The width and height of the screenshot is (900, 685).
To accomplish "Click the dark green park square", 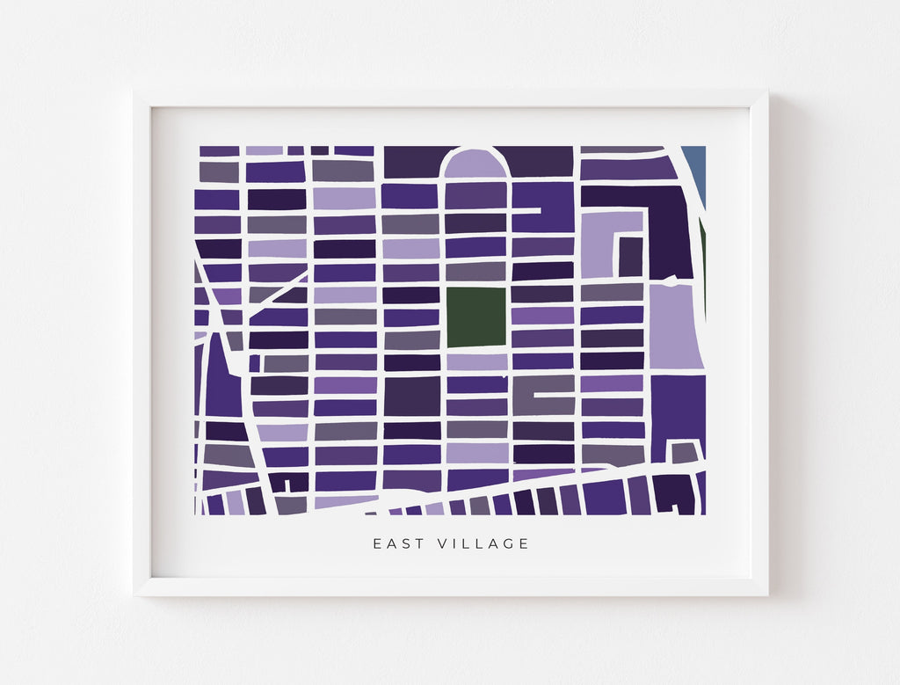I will [476, 317].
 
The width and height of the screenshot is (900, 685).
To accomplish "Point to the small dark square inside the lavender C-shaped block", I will [630, 257].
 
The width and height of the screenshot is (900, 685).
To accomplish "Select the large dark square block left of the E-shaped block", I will [411, 396].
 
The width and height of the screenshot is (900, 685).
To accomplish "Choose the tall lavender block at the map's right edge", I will [675, 325].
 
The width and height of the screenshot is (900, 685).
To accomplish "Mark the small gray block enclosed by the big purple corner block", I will [685, 453].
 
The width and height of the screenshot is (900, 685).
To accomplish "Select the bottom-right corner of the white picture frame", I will [766, 594].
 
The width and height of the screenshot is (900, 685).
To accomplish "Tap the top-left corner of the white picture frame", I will [135, 91].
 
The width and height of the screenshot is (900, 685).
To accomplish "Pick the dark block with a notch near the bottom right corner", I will [673, 495].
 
